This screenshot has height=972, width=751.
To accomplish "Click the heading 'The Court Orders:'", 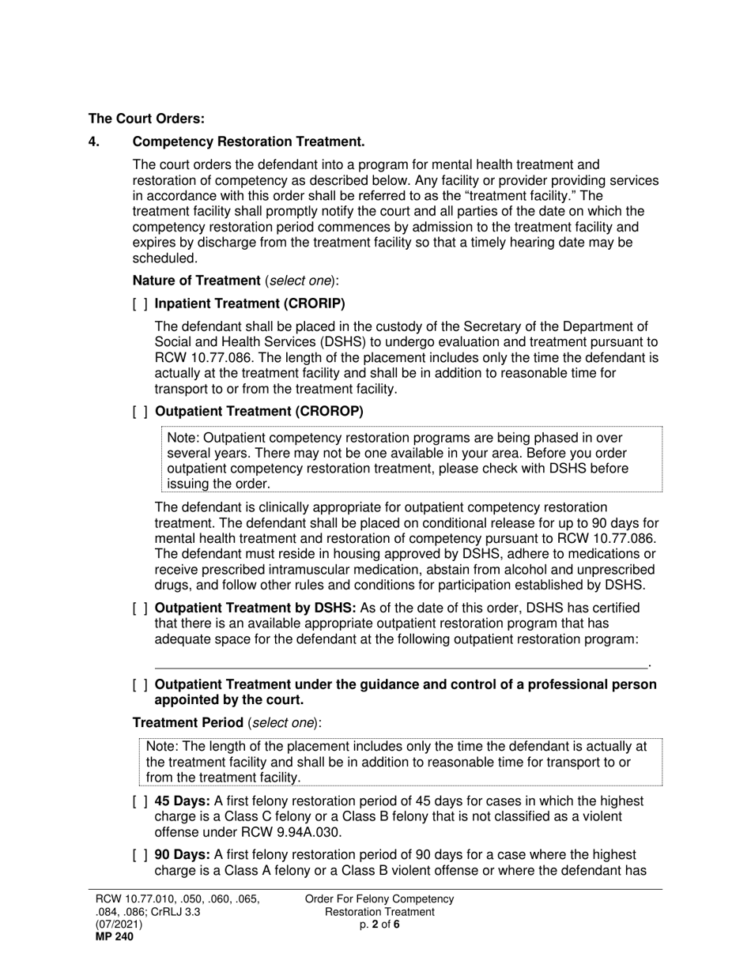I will click(x=146, y=119).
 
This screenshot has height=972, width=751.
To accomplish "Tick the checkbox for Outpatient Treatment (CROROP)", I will click(x=140, y=412).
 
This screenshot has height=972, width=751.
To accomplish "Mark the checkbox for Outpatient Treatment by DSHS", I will click(x=140, y=608).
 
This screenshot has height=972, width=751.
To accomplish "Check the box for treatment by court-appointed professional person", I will click(x=140, y=685).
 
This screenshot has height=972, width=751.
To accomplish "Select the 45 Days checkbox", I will click(x=140, y=802).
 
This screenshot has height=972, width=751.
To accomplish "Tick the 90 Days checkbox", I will click(x=140, y=856).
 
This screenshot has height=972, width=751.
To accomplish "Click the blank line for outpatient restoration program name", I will click(x=400, y=664).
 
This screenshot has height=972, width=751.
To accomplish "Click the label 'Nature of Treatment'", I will click(x=196, y=281).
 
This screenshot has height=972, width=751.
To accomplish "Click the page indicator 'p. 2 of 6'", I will click(x=379, y=925).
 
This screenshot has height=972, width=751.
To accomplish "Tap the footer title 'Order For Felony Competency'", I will click(x=379, y=899).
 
